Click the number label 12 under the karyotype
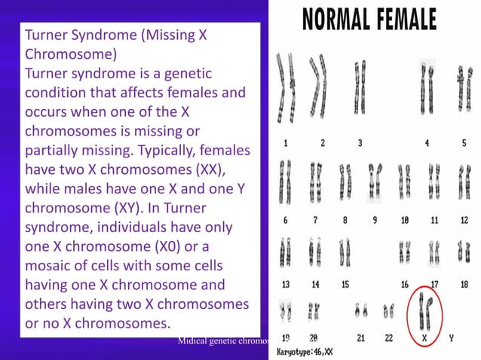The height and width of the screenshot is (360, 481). [464, 221]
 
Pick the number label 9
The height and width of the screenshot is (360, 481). [375, 221]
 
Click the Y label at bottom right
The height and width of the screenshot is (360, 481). [451, 338]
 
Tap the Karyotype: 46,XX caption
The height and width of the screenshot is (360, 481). [305, 352]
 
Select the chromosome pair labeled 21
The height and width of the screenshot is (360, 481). [361, 310]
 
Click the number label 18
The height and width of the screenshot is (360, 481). [464, 285]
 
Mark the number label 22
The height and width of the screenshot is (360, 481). [389, 338]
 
